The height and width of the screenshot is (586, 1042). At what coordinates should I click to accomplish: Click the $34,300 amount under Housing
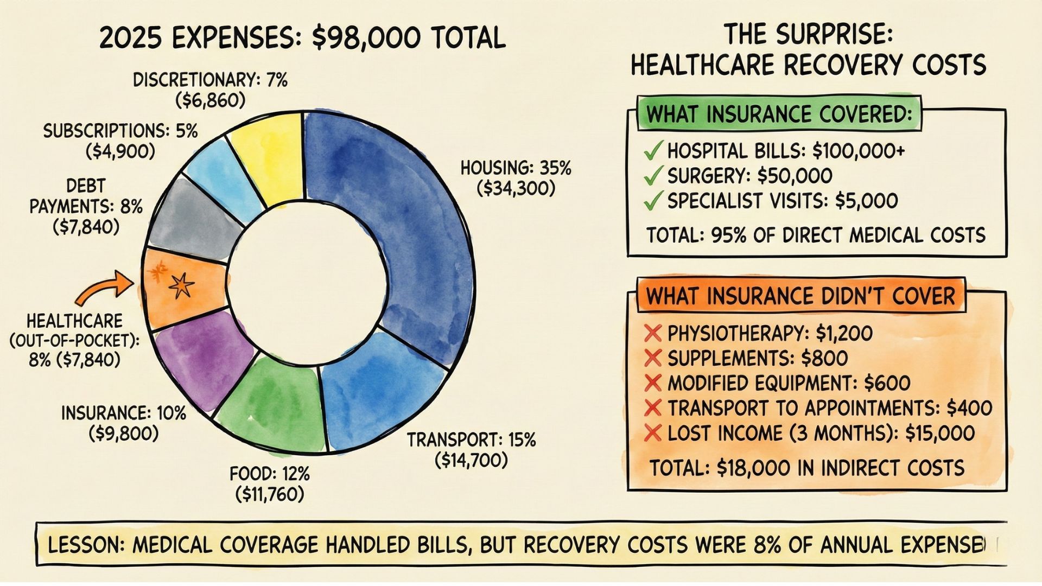[x=516, y=189]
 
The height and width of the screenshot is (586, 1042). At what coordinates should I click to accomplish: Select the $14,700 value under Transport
[x=471, y=461]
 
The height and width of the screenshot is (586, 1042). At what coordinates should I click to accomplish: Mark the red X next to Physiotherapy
[x=653, y=333]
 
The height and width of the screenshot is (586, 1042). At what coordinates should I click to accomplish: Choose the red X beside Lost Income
[x=653, y=433]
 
